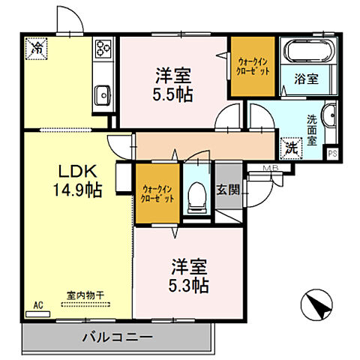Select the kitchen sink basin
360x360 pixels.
pyautogui.click(x=103, y=94)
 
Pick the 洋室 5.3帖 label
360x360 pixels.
pyautogui.click(x=189, y=276)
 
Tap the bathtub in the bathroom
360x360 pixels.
pyautogui.click(x=308, y=52)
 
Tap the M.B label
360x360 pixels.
pyautogui.click(x=270, y=168)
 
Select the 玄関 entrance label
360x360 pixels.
pyautogui.click(x=228, y=190)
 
